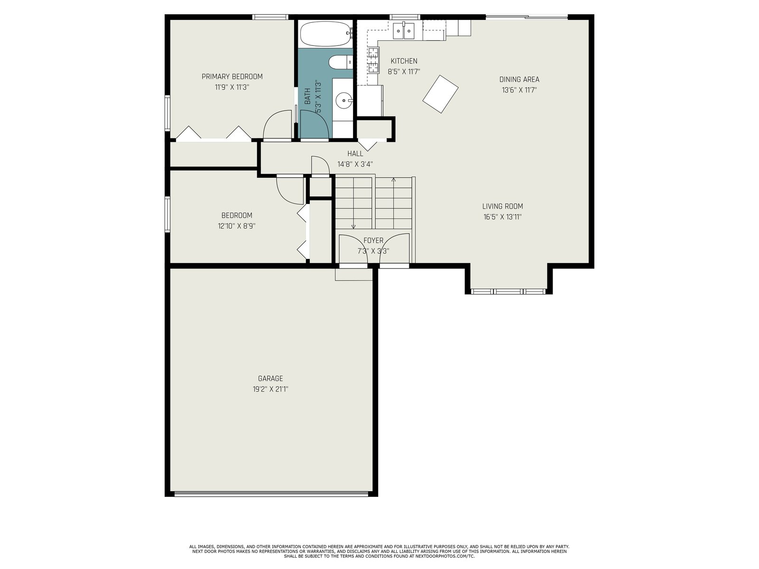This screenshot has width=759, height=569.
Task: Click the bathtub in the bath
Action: (x=325, y=34)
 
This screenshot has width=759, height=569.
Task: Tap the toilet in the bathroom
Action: (x=341, y=62)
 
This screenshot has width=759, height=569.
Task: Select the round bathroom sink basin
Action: (x=344, y=101)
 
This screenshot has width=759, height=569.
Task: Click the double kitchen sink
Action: (x=404, y=31)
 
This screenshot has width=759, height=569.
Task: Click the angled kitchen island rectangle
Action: (x=440, y=94)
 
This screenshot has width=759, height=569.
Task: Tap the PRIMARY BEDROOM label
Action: (x=232, y=77)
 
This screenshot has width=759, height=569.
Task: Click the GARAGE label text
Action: (x=270, y=378)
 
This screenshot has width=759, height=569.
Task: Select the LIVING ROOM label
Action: (x=502, y=206)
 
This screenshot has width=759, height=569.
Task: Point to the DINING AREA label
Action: (x=519, y=80)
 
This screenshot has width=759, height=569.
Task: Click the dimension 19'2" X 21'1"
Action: (x=270, y=389)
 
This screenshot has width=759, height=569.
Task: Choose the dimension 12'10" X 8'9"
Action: (x=237, y=226)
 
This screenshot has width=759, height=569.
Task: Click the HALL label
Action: (x=355, y=154)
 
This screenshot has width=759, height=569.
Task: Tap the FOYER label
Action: (x=373, y=240)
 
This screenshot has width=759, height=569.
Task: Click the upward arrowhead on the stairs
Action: (x=394, y=180)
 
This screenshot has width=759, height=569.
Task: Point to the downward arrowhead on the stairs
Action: (x=353, y=227)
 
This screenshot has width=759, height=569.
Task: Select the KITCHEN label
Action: (x=404, y=61)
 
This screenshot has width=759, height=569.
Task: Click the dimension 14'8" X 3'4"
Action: (x=355, y=164)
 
